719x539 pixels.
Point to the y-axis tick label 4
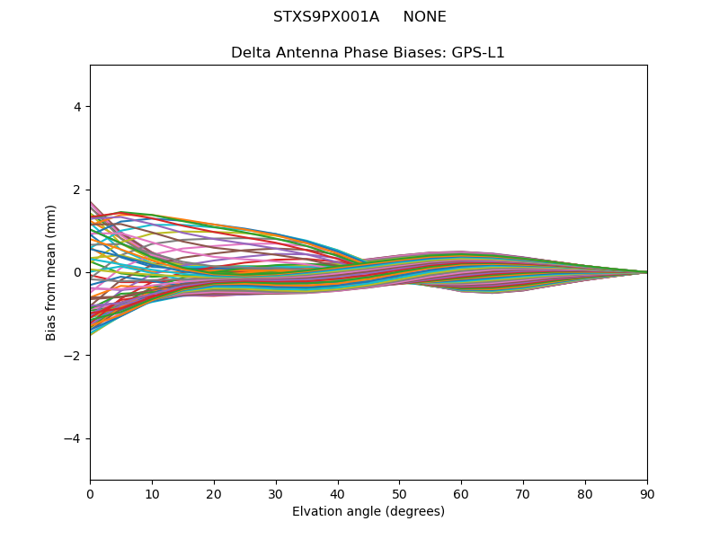pyautogui.click(x=77, y=107)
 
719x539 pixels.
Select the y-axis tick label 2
pyautogui.click(x=77, y=190)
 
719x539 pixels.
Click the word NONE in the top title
pyautogui.click(x=424, y=17)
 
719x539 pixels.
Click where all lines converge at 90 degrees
pyautogui.click(x=646, y=272)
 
